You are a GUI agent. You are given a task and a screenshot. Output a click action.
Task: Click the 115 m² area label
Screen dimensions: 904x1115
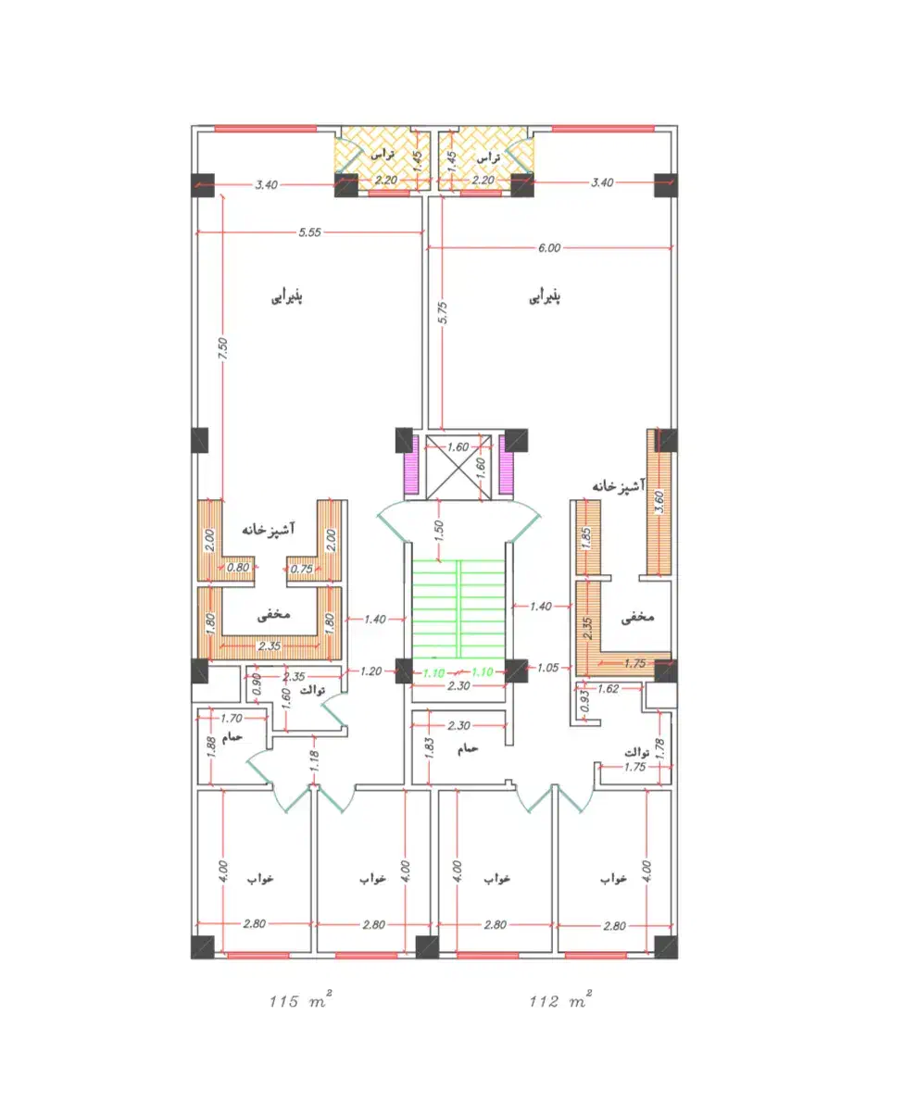click(x=300, y=1000)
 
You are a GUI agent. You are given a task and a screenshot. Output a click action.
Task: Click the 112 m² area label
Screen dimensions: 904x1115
click(x=560, y=1000)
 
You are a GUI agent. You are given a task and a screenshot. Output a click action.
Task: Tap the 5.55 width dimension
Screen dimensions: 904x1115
click(x=310, y=232)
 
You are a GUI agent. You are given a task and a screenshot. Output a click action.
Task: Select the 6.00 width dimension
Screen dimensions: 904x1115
click(x=549, y=248)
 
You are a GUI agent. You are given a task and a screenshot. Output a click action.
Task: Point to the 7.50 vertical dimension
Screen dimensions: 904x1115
click(x=223, y=348)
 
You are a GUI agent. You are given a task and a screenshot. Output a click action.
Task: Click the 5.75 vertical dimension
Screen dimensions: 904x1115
click(x=443, y=312)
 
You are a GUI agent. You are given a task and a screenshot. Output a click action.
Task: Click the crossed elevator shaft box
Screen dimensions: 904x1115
click(x=458, y=467)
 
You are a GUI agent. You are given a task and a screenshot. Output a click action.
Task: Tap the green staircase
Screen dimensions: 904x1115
click(x=458, y=608)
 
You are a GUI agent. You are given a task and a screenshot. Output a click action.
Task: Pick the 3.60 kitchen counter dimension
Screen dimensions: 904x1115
click(x=659, y=502)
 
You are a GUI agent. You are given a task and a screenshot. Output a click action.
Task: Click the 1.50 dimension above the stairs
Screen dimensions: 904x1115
click(x=439, y=531)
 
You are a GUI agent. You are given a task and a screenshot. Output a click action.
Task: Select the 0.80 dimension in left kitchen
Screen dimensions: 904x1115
click(x=238, y=567)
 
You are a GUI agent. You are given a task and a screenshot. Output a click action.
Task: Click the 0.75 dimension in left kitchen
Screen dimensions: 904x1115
click(x=302, y=569)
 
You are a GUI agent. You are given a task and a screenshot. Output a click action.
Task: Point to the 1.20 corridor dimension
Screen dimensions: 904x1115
click(x=371, y=671)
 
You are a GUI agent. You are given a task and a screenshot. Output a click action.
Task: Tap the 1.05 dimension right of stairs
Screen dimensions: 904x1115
click(x=548, y=668)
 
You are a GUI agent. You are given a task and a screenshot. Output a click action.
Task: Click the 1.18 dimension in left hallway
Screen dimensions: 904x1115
click(x=314, y=760)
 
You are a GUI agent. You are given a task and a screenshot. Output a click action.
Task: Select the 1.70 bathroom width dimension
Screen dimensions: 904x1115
click(x=232, y=719)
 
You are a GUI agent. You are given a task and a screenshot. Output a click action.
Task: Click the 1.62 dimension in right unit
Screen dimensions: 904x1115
click(x=609, y=689)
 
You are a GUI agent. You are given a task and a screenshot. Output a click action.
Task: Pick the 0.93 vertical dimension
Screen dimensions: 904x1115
click(x=585, y=701)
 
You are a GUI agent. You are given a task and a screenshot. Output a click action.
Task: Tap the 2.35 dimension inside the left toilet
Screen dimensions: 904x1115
click(x=294, y=677)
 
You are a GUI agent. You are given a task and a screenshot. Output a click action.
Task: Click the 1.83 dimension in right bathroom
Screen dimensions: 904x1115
click(x=429, y=748)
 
